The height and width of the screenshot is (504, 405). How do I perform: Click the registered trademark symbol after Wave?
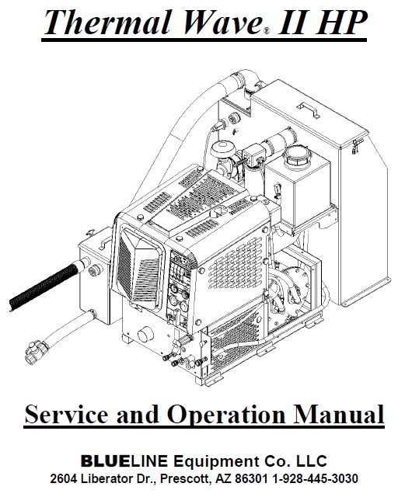click(x=267, y=31)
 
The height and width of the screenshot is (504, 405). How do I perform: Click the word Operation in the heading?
click(x=226, y=415)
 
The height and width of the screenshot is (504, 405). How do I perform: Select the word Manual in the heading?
click(x=339, y=414)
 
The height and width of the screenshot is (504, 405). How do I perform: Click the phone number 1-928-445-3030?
click(x=315, y=478)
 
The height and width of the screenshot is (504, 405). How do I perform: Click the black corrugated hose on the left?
click(x=45, y=286)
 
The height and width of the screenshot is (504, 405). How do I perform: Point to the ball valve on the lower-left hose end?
click(x=35, y=352)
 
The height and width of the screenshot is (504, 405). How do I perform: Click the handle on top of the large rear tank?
click(x=308, y=109)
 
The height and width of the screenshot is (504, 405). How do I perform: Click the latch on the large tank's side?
click(x=357, y=146)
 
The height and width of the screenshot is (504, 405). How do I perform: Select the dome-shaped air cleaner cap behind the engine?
click(x=222, y=148)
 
